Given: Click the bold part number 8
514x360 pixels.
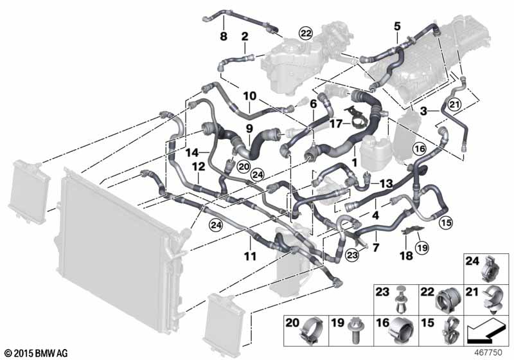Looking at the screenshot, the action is point(223,36).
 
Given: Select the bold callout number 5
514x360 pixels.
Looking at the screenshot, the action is point(397,26).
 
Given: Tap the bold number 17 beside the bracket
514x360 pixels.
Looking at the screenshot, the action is point(335,123).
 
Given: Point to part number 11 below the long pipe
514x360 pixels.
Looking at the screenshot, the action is point(250,256).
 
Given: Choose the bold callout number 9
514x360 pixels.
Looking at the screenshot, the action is point(250,129).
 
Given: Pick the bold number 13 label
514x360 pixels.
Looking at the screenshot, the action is point(386,184).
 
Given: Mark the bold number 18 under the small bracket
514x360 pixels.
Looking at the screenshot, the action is point(406,256).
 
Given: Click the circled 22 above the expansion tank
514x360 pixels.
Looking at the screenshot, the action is point(306,33).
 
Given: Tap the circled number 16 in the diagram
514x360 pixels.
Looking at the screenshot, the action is point(420,149).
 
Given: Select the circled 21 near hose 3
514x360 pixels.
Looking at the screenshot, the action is point(455,105).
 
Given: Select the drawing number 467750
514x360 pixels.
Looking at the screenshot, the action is point(488,353).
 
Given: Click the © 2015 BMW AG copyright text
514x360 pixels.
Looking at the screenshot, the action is point(37,353).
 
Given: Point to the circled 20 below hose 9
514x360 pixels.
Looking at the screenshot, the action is point(244,167).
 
